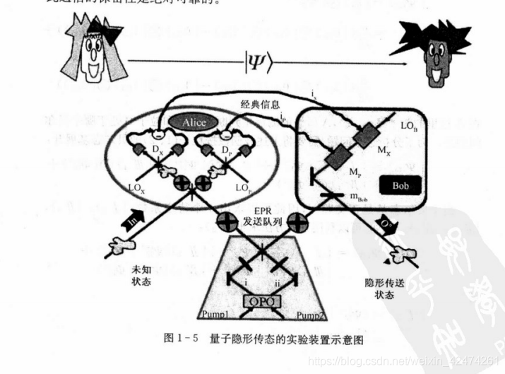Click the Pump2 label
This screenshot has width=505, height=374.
click(x=312, y=313)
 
